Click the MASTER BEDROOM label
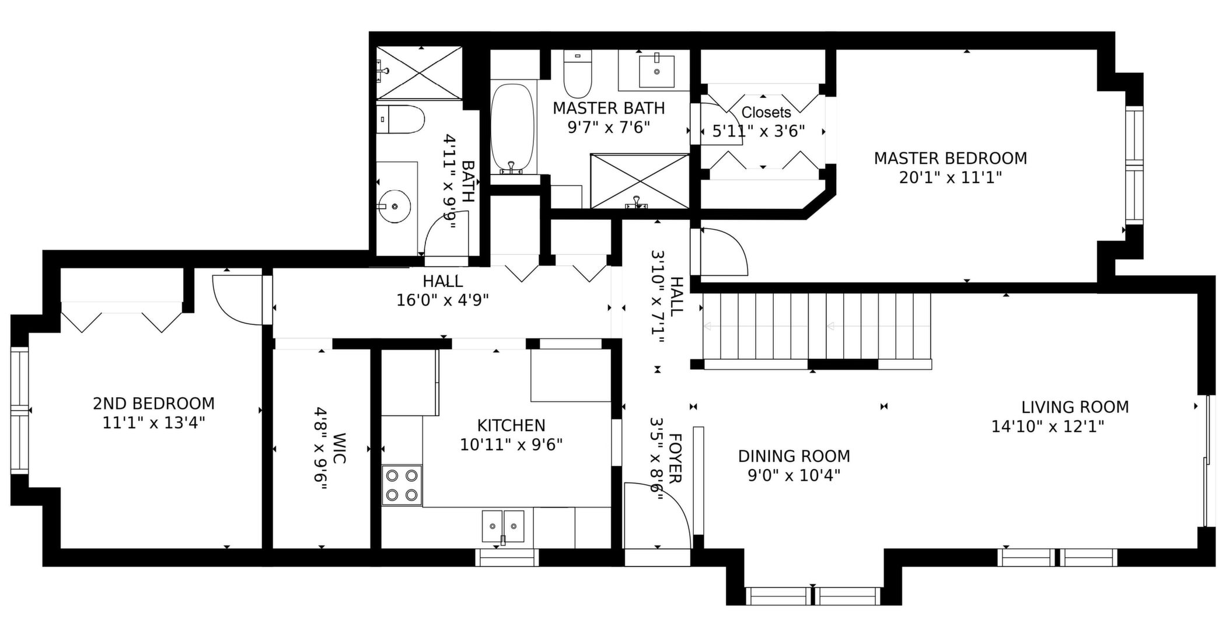(950, 158)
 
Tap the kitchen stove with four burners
(402, 485)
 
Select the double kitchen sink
(503, 526)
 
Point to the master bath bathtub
(513, 128)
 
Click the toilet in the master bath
(578, 74)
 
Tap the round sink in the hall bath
(394, 206)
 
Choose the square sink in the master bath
(656, 71)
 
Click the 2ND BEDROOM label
(154, 403)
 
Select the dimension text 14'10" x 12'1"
(1048, 426)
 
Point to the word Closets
(766, 112)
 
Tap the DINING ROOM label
(794, 456)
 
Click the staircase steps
(817, 326)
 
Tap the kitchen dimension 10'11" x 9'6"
(511, 445)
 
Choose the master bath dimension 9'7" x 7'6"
(609, 127)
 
